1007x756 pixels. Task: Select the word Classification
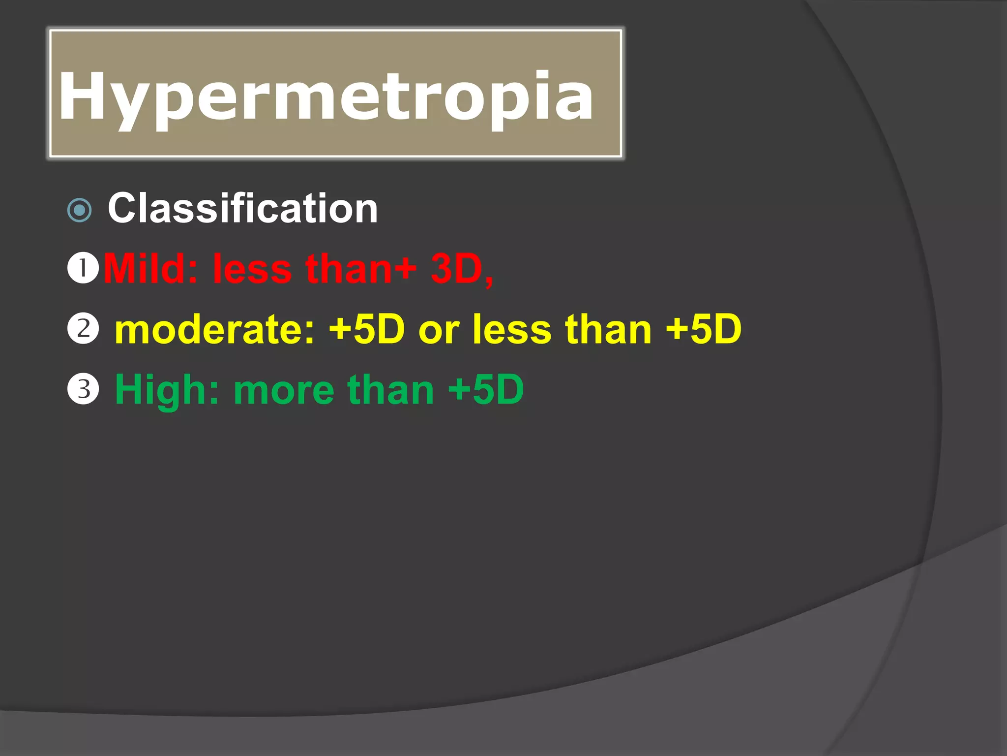point(243,208)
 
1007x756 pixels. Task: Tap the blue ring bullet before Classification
point(79,210)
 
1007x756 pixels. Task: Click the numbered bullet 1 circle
point(83,268)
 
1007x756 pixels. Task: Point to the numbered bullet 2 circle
point(83,328)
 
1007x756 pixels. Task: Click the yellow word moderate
point(214,329)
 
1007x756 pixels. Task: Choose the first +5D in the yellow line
point(367,329)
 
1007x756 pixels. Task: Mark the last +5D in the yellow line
point(703,329)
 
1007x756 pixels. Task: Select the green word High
point(167,390)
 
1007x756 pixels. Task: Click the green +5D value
point(486,390)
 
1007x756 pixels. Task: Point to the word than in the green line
point(390,390)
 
